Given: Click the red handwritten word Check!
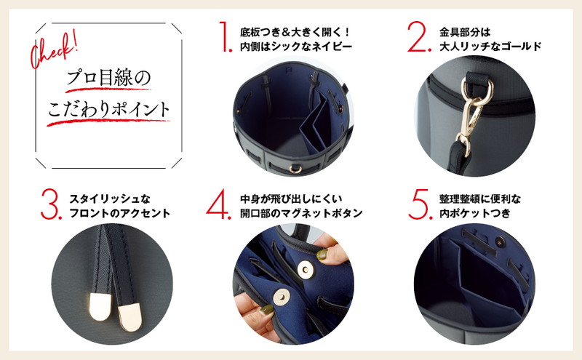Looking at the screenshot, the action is point(54,49).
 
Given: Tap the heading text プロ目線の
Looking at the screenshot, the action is point(108,78).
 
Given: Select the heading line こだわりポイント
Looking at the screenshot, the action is point(108,110).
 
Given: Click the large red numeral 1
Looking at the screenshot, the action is point(225,36).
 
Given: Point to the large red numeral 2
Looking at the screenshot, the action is point(419,36).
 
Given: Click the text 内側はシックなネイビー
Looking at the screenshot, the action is point(296,47).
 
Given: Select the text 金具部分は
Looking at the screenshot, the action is point(465,32).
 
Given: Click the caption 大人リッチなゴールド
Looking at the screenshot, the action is point(490,47).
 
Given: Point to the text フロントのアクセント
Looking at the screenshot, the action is point(120,213).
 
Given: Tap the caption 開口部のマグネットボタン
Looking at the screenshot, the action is point(301,213).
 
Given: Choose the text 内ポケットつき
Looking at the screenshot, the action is point(475,213).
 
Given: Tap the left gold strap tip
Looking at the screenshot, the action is point(100,306).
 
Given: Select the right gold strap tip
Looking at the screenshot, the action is point(129,317).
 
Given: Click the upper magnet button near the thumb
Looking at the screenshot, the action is point(305,269).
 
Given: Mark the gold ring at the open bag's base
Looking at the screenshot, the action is point(295,169).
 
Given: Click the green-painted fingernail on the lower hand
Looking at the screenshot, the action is point(266,310).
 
